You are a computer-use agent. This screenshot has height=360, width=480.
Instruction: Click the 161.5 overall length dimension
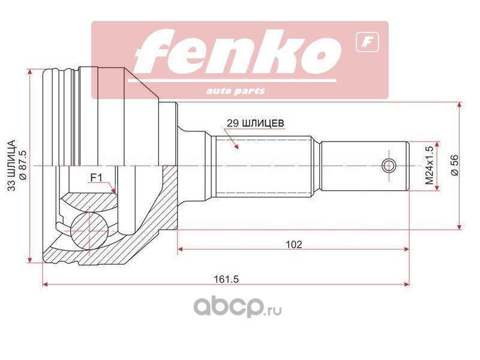pyautogui.click(x=226, y=279)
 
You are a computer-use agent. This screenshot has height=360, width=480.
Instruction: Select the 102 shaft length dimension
pyautogui.click(x=293, y=244)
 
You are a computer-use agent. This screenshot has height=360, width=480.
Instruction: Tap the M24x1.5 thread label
pyautogui.click(x=430, y=166)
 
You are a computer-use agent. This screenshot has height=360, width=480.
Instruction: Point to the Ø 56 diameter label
pyautogui.click(x=455, y=166)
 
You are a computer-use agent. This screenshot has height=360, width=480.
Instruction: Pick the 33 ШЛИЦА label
pyautogui.click(x=11, y=166)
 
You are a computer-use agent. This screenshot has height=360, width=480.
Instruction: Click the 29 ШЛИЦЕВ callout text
pyautogui.click(x=256, y=123)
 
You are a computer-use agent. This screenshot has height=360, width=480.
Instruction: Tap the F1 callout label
pyautogui.click(x=97, y=178)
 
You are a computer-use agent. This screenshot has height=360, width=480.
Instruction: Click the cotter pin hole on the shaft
pyautogui.click(x=389, y=166)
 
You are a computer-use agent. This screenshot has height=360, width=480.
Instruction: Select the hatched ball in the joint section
pyautogui.click(x=89, y=231)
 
